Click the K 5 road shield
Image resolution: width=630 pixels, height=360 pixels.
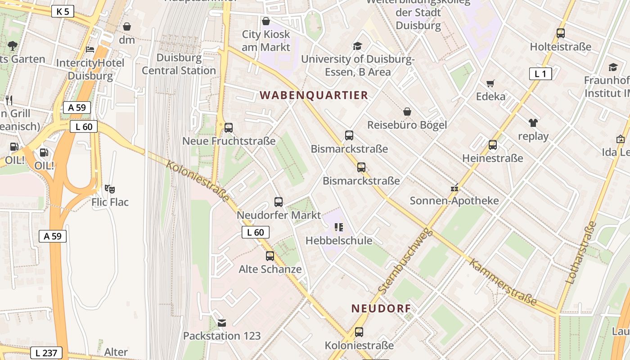63,11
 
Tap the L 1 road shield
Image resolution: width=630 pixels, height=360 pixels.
540,74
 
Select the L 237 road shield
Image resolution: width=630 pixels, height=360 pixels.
46,353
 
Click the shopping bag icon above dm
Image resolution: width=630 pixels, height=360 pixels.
127,27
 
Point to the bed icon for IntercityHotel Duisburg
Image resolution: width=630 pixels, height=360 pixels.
90,49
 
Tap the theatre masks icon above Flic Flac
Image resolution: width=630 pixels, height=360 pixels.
110,189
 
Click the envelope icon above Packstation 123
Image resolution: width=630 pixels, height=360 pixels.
222,323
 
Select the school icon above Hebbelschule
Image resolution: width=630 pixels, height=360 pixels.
339,227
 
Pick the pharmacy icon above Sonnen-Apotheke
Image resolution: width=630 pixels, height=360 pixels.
454,188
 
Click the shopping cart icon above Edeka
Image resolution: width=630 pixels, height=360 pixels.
490,83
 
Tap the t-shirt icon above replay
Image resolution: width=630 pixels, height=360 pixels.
533,122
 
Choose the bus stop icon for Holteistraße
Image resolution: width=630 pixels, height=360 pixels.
560,33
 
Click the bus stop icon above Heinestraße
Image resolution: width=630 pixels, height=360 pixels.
493,145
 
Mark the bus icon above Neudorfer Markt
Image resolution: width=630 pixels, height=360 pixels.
279,202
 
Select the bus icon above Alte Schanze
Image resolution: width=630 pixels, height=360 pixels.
270,256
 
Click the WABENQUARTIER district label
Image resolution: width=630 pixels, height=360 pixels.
314,95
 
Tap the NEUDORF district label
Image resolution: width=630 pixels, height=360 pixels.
381,308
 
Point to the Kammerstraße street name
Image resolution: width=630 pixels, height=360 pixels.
503,282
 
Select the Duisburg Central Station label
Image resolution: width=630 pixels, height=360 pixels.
179,64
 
